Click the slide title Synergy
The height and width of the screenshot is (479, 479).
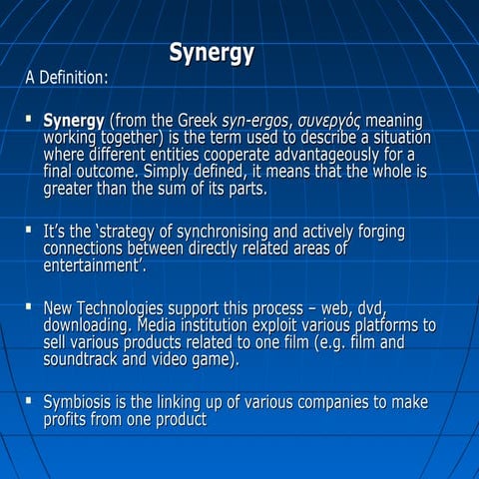point(211,53)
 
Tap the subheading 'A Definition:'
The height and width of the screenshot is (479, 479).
point(68,77)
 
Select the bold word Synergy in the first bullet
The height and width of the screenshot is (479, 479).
point(73,122)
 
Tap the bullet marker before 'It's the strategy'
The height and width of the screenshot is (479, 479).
point(28,232)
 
